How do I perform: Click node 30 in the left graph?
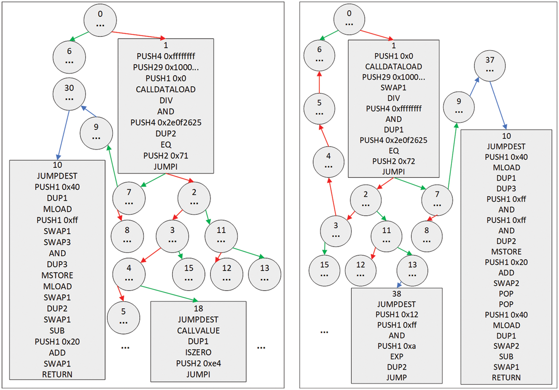[x=69, y=94]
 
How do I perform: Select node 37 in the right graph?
[x=490, y=66]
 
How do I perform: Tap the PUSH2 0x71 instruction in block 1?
[x=165, y=156]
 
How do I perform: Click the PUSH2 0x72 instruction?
[x=394, y=161]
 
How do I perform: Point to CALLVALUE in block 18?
[x=198, y=331]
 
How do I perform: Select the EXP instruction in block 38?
[x=396, y=356]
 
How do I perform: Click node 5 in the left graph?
[x=123, y=317]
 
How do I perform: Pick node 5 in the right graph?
[x=319, y=109]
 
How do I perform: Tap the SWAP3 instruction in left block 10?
[x=57, y=242]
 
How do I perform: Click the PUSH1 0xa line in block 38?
[x=396, y=346]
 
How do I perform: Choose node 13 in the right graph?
[x=412, y=271]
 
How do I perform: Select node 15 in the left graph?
[x=188, y=274]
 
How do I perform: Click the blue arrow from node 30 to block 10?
[x=64, y=134]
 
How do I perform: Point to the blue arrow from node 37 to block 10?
[x=498, y=105]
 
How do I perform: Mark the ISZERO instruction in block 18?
[x=198, y=352]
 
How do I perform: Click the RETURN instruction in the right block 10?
[x=506, y=378]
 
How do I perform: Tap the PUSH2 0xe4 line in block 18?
[x=198, y=363]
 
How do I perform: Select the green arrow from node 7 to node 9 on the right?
[x=452, y=157]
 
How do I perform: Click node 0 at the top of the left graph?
[x=100, y=20]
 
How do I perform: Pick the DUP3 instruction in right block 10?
[x=506, y=188]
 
